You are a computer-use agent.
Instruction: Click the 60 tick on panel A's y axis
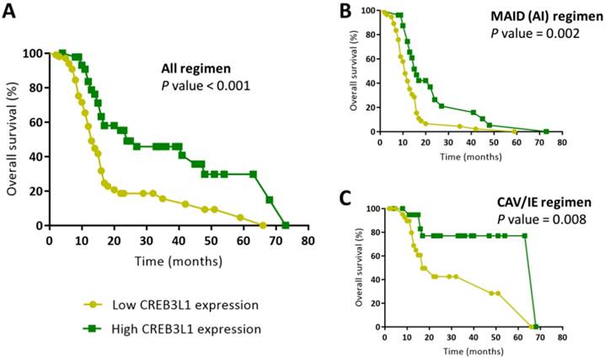coord(33,122)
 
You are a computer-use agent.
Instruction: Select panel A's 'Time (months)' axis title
coord(179,261)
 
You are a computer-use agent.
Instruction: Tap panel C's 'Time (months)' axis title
coord(470,348)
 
